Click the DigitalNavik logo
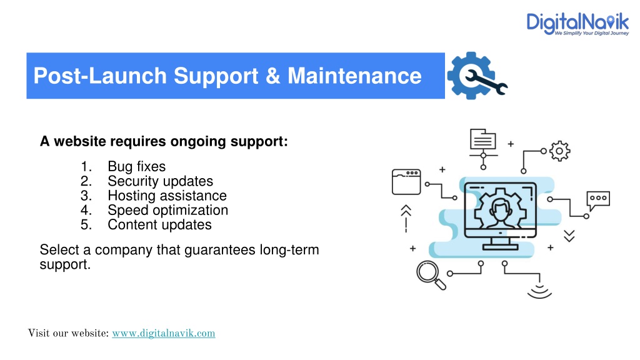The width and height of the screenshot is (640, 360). point(577,24)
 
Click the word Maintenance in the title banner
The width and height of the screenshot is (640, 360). point(354,76)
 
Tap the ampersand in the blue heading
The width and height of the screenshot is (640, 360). point(272,76)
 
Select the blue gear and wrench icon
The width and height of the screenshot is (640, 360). point(477,76)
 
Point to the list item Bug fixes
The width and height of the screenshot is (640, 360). point(137,166)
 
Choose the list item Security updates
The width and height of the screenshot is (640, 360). point(161,181)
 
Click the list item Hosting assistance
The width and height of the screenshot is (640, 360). point(167,196)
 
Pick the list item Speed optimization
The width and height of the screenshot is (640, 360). point(167,210)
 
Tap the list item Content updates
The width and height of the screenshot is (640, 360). point(159,224)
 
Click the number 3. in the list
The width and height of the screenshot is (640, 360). point(86,196)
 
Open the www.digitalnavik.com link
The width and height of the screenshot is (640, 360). point(164,333)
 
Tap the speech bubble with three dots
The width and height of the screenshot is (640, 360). point(598,199)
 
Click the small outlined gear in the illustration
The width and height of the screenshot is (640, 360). point(559,151)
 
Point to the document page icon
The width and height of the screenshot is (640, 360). point(483,139)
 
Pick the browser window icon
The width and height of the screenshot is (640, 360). point(406,182)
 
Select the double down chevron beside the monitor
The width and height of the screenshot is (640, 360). point(569,236)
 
